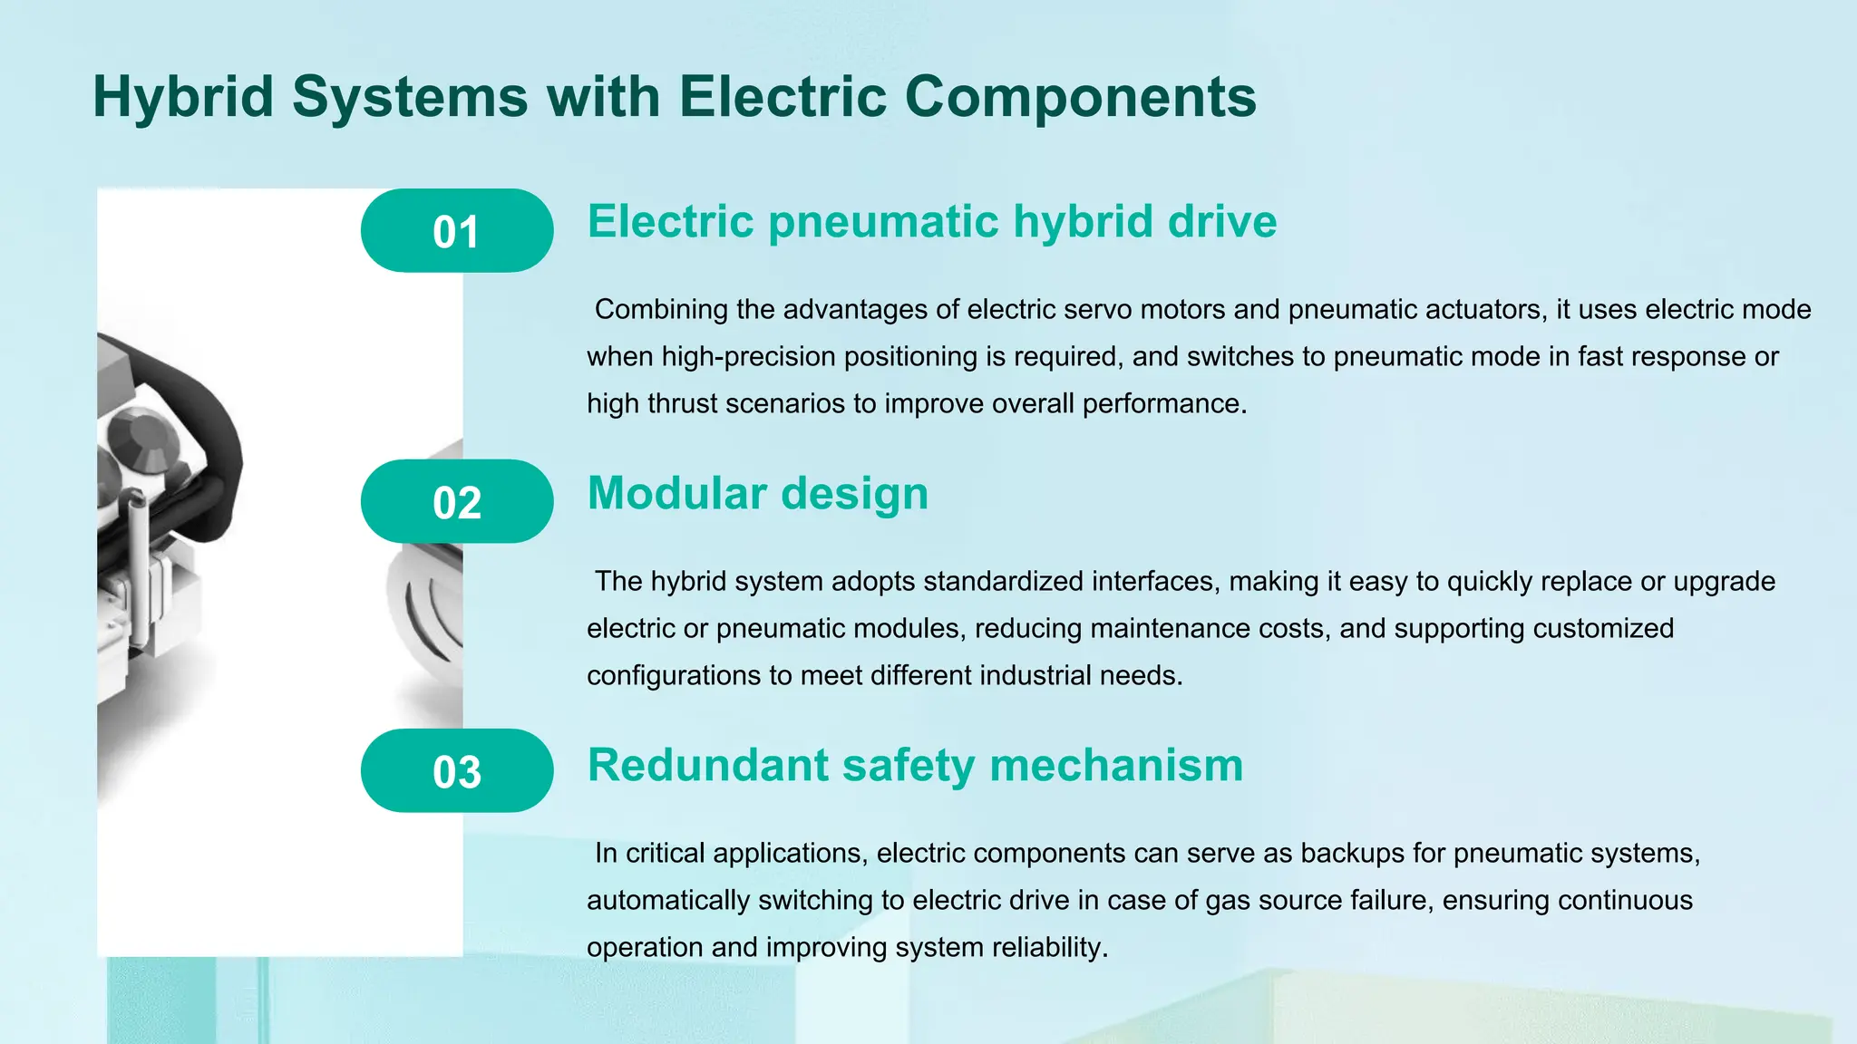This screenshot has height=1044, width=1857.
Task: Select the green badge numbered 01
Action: tap(457, 231)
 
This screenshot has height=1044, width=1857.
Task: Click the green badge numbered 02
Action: tap(457, 502)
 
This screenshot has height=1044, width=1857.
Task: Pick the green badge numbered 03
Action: tap(457, 771)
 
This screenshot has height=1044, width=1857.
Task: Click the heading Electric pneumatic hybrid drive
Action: tap(932, 222)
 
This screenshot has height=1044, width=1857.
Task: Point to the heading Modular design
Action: tap(758, 494)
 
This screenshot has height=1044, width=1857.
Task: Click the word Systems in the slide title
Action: tap(410, 96)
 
